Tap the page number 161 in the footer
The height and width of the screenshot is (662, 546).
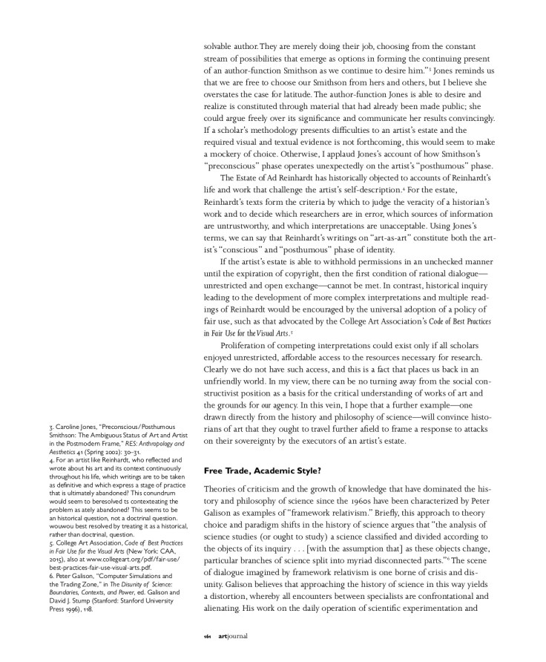click(x=208, y=636)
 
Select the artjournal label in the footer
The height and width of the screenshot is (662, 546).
click(x=233, y=636)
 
